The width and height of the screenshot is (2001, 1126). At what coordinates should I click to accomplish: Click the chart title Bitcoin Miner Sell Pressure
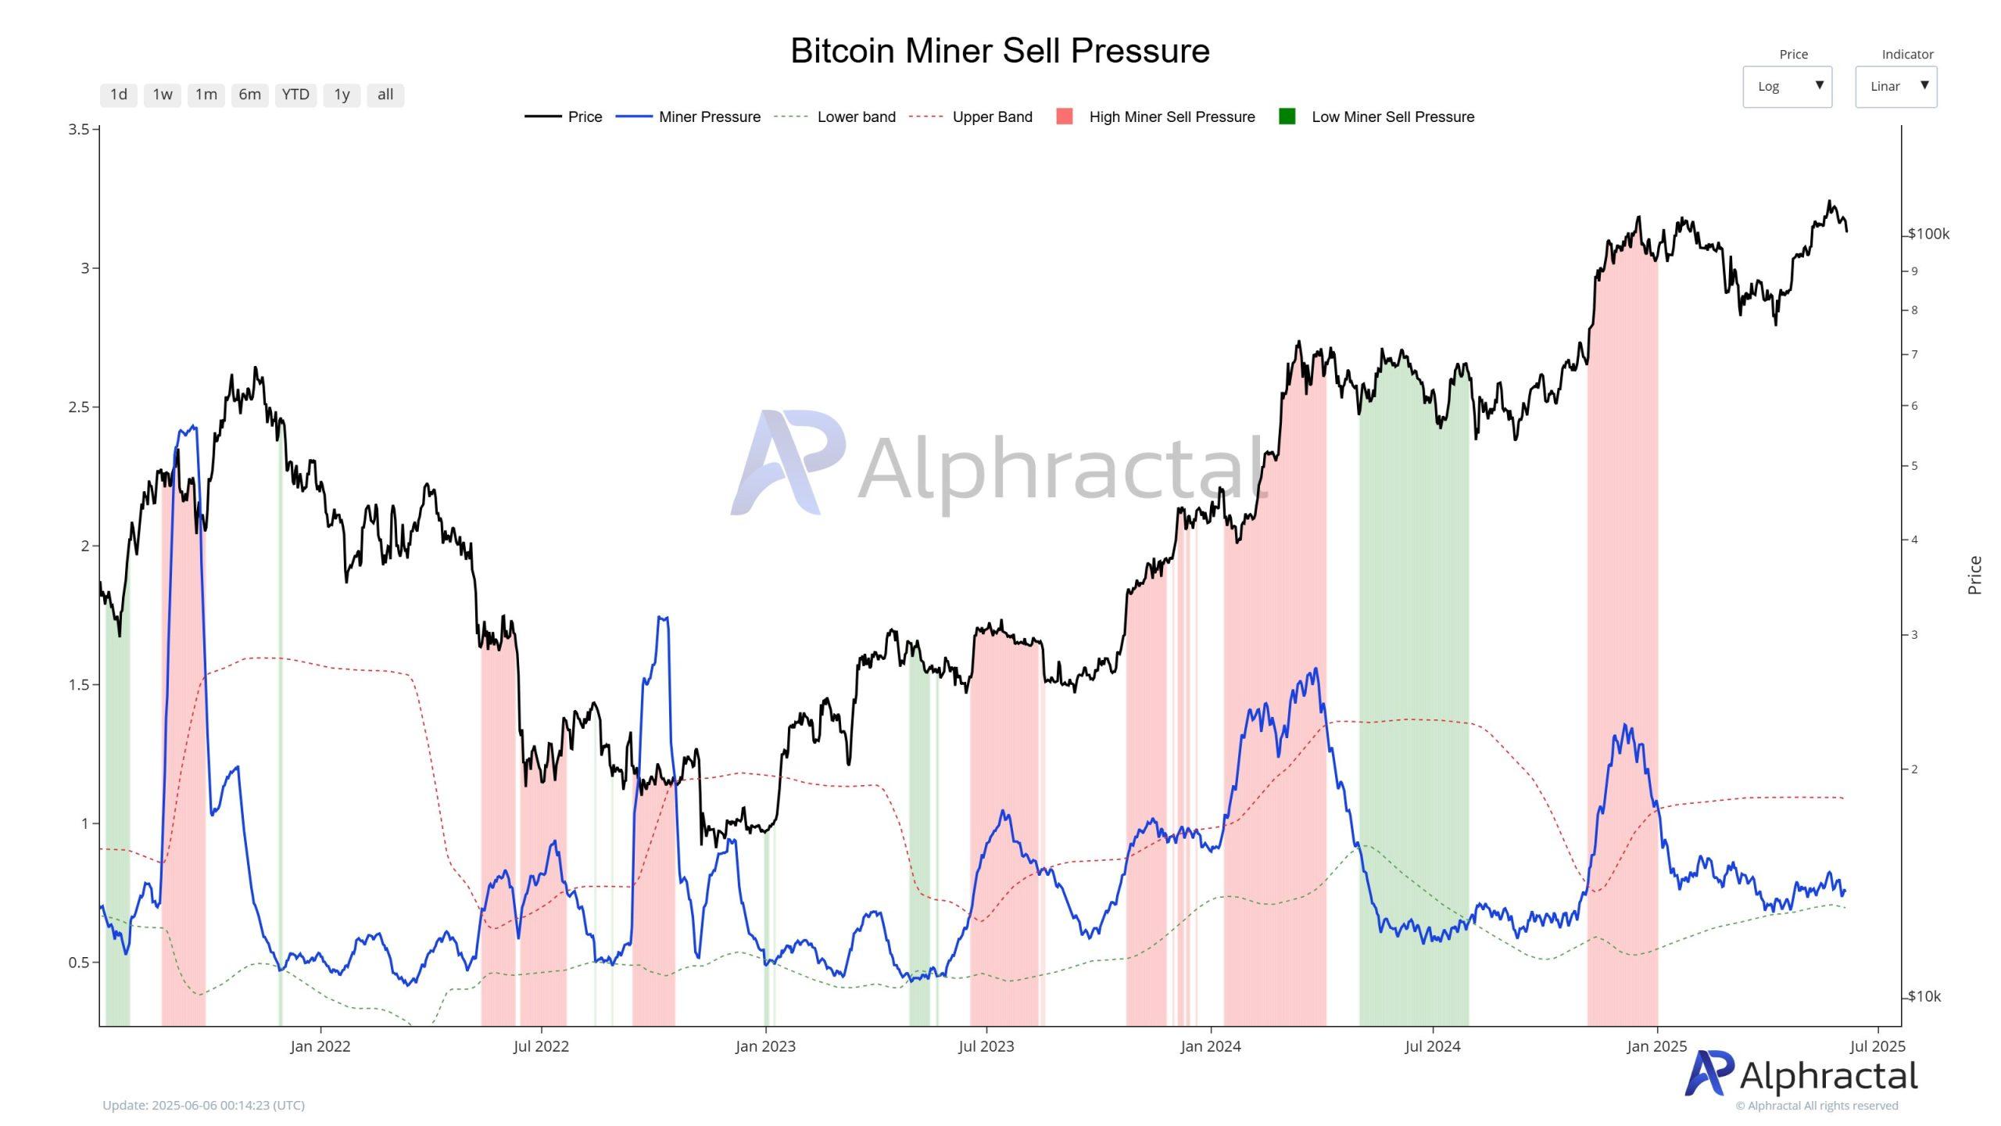tap(1000, 51)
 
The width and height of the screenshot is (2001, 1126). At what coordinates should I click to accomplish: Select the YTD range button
tap(295, 95)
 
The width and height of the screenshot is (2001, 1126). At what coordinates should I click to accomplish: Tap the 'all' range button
tap(385, 95)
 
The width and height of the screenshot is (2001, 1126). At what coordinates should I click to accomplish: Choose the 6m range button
tap(249, 95)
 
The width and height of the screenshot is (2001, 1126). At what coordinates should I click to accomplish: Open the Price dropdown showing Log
tap(1787, 86)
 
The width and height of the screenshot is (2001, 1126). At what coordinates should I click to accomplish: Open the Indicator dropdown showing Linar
tap(1895, 86)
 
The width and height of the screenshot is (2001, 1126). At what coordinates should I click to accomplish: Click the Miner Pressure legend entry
tap(709, 117)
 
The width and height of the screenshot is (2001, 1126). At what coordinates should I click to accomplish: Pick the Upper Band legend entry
tap(992, 117)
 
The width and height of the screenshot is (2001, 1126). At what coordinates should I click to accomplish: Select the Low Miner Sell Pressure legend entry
tap(1392, 117)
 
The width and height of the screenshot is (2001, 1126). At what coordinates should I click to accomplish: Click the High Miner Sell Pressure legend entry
tap(1171, 117)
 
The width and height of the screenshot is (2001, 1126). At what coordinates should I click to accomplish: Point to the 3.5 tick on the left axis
tap(78, 129)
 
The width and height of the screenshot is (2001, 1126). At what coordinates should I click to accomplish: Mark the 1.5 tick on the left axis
tap(78, 684)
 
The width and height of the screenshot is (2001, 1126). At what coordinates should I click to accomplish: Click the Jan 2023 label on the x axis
tap(765, 1046)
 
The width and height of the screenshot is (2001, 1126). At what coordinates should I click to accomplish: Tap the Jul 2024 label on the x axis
tap(1432, 1046)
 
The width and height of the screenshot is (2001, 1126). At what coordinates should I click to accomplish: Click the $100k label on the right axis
tap(1928, 234)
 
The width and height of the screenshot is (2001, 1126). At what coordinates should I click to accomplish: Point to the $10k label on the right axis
tap(1924, 996)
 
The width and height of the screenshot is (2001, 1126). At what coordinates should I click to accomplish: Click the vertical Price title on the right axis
tap(1974, 575)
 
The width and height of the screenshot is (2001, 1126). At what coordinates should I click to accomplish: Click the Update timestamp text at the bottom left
tap(203, 1105)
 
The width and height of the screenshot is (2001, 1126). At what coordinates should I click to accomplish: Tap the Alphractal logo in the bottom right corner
tap(1801, 1075)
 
